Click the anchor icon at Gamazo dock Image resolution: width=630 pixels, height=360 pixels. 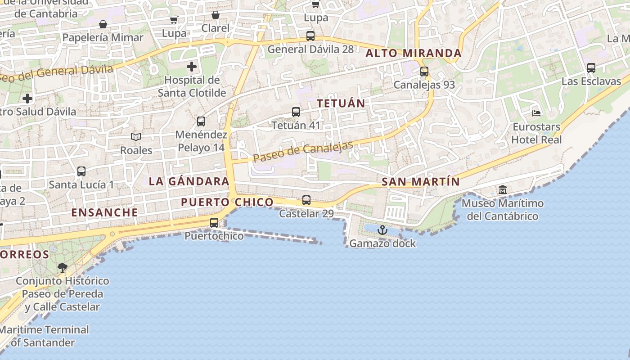click(x=382, y=230)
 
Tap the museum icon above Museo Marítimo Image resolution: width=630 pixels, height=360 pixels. click(x=503, y=190)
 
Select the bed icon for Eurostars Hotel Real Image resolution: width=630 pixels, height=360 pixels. click(x=536, y=113)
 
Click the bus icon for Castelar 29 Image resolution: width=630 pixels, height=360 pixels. click(x=306, y=200)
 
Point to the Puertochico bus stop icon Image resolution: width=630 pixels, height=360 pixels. click(x=214, y=222)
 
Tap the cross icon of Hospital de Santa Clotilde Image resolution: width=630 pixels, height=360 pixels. click(x=192, y=67)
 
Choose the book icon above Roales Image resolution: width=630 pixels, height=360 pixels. click(x=136, y=137)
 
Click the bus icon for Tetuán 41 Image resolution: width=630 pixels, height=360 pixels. click(x=296, y=112)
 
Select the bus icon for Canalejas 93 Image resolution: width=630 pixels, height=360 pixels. click(x=424, y=71)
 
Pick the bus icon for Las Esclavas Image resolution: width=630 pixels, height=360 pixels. click(x=591, y=68)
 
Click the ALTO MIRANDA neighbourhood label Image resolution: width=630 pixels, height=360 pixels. click(x=414, y=53)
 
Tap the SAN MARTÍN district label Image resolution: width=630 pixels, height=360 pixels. click(x=421, y=182)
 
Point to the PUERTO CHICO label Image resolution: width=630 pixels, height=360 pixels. click(x=227, y=202)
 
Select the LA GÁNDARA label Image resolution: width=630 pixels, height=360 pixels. click(x=189, y=181)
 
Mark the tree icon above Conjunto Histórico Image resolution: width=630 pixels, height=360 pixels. click(x=62, y=268)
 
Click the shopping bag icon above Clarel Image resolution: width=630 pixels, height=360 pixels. click(x=216, y=15)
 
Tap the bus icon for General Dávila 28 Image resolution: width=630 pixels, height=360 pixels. click(x=310, y=36)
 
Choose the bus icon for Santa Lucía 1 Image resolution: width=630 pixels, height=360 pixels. click(x=81, y=171)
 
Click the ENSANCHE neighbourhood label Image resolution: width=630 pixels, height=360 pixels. click(x=105, y=212)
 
